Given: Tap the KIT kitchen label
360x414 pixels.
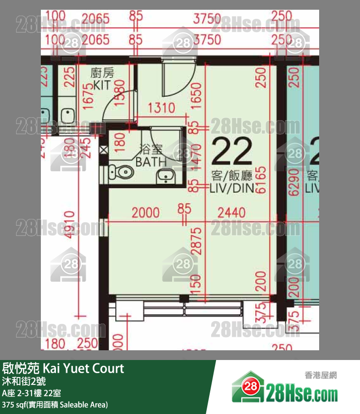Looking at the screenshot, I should (102, 86).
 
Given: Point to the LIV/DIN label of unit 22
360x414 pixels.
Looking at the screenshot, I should (232, 188).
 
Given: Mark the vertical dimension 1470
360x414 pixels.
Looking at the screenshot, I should (197, 154).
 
